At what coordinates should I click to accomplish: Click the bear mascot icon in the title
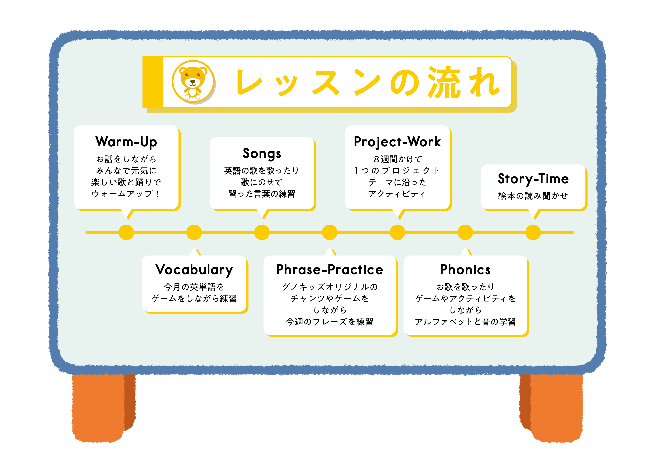(193, 82)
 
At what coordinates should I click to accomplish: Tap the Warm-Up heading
(126, 142)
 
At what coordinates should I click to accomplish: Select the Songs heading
(262, 154)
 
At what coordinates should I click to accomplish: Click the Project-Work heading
(397, 142)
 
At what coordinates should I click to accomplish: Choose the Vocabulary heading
(194, 270)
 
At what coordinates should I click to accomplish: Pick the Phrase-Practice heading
(330, 270)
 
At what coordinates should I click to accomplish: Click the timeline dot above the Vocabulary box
(194, 232)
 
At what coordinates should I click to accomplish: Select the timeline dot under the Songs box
(262, 232)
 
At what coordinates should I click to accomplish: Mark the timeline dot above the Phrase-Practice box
(330, 232)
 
